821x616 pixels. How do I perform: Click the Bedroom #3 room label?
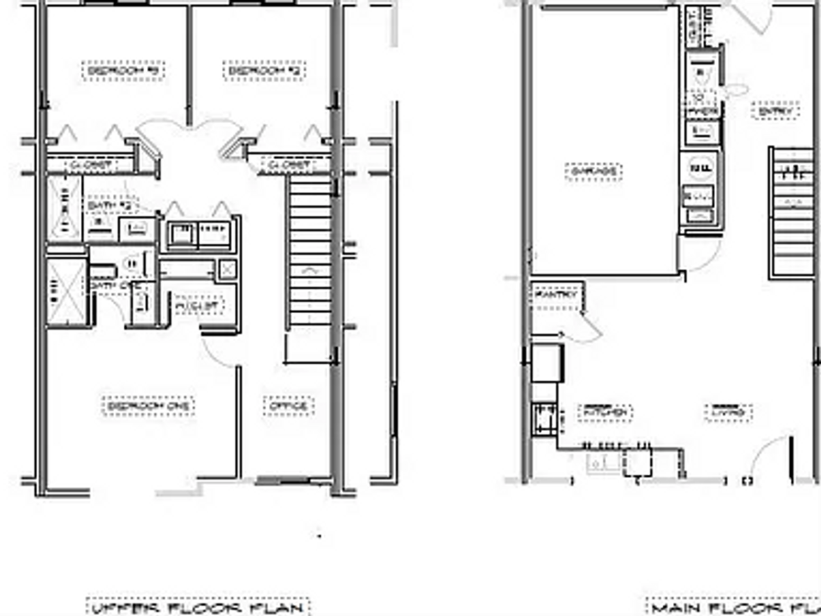123,70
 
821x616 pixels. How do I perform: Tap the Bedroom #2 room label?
264,70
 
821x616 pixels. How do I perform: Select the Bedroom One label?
148,406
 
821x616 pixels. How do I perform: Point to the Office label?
288,406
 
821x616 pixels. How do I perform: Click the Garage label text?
593,172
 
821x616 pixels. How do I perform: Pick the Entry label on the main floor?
775,110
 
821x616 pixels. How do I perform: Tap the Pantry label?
555,295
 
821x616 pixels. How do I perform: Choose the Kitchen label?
605,412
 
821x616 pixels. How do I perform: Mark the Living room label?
729,412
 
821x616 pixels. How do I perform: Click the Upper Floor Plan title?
198,607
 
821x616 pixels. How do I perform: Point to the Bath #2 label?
111,205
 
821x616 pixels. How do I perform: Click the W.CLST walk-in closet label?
199,306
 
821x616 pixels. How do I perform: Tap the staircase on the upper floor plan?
310,250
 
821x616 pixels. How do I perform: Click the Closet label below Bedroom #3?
92,165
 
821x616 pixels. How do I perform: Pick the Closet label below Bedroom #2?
289,165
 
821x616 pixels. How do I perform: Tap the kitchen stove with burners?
545,418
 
